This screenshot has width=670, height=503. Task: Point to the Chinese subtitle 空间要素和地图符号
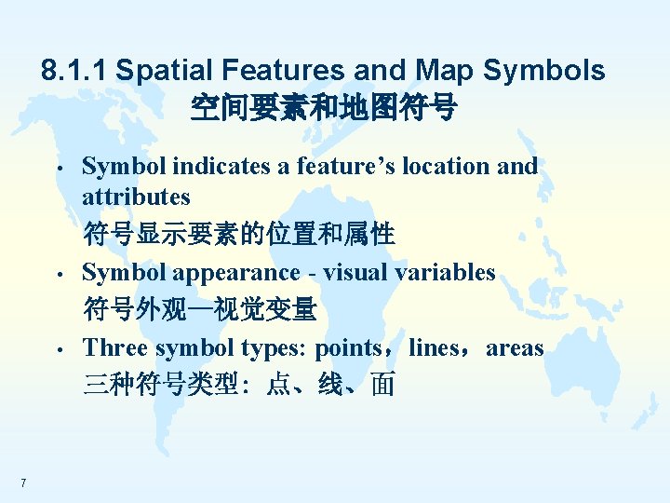point(323,109)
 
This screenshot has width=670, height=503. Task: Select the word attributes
point(136,197)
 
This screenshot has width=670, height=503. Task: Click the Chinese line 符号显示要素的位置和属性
point(239,234)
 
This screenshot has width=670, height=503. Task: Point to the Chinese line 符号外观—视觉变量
point(200,309)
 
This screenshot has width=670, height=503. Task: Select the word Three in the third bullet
point(115,348)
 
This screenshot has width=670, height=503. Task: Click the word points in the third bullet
point(348,348)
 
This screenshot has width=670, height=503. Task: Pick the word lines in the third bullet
point(434,348)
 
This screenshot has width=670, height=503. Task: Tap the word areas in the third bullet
point(515,348)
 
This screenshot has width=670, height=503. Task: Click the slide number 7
point(22,483)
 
